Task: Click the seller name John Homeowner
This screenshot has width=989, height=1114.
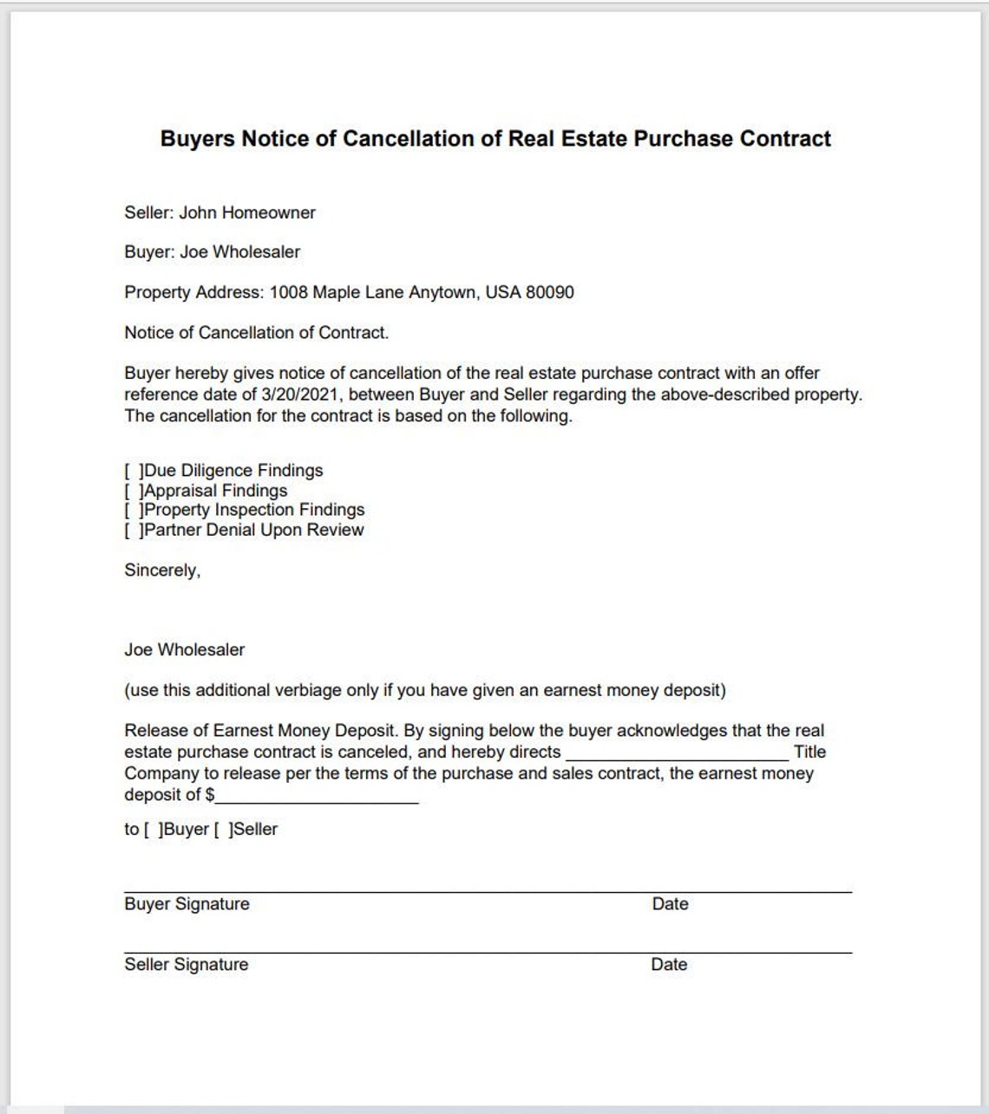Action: point(247,212)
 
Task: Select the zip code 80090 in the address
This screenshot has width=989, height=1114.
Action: point(549,292)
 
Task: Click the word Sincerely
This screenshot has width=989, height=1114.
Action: point(161,570)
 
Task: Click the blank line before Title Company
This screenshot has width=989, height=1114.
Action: point(677,752)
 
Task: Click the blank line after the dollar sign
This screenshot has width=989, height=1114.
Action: point(317,796)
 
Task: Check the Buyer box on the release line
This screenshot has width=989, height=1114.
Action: point(153,830)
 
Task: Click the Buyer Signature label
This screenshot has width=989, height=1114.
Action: point(187,904)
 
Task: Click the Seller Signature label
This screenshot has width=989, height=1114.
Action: point(186,965)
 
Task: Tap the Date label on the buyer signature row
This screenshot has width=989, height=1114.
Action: point(670,904)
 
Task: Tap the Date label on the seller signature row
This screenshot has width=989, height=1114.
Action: point(669,965)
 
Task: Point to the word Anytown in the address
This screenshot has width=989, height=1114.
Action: point(442,292)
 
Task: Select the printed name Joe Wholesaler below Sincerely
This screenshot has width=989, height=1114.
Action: point(184,649)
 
